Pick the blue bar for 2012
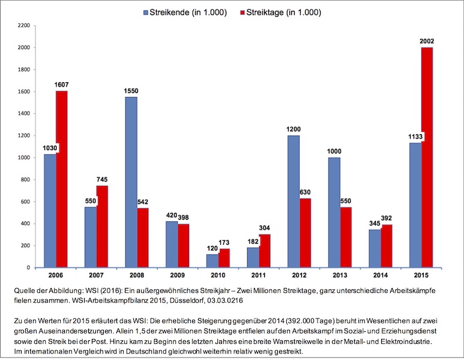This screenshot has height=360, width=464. (294, 201)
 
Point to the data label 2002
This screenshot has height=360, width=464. (427, 41)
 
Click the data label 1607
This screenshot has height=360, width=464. (62, 85)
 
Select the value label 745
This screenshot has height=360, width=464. (102, 180)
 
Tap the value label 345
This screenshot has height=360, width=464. (375, 224)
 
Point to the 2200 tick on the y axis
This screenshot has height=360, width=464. (23, 26)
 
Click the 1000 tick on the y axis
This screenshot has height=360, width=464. (23, 158)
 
